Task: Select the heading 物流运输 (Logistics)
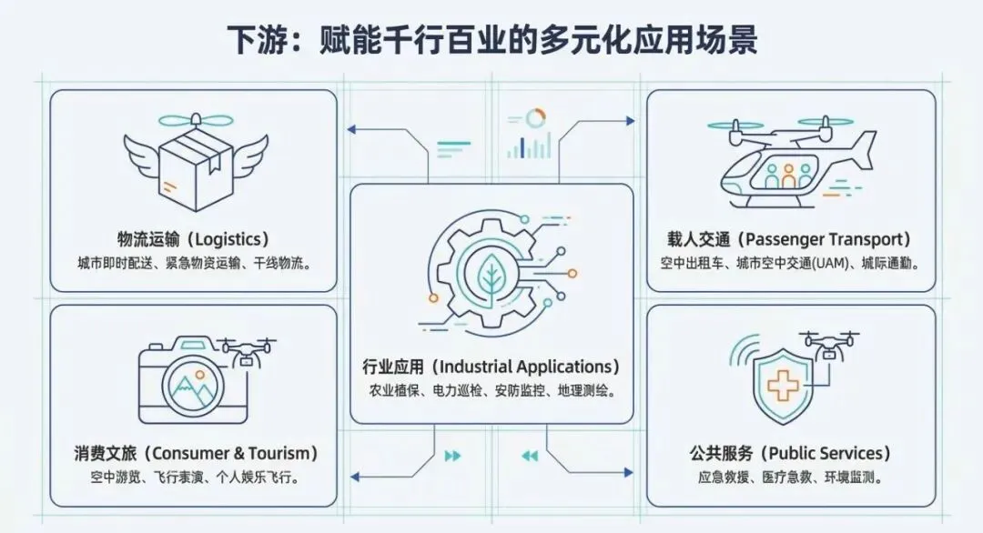(x=193, y=240)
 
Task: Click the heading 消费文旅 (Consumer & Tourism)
(x=197, y=453)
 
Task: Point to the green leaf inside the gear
(x=492, y=277)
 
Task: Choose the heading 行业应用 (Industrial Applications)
(x=491, y=367)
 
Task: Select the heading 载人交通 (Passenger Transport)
(x=789, y=240)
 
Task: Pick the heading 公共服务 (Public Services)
(x=789, y=453)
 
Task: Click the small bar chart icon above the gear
(x=529, y=146)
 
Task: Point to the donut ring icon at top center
(x=536, y=117)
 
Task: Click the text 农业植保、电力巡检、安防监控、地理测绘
(x=491, y=392)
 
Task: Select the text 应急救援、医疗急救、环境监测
(x=789, y=477)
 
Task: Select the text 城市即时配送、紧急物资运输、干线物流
(x=194, y=264)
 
